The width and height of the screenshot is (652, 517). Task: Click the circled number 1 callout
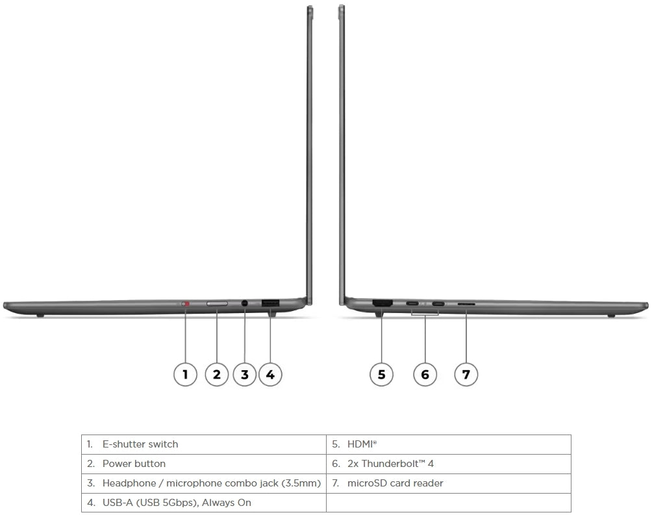point(186,373)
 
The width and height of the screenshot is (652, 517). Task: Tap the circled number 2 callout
point(217,373)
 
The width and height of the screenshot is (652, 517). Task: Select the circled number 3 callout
point(244,373)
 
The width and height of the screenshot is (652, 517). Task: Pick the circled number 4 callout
point(270,373)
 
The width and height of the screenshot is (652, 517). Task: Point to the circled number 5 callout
point(381,373)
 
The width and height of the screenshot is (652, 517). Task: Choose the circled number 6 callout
point(425,373)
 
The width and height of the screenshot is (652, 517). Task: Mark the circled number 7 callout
point(466,373)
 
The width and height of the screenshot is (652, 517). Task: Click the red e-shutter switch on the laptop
point(186,303)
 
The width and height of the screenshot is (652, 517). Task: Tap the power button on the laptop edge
point(217,303)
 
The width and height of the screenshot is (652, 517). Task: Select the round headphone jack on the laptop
point(245,303)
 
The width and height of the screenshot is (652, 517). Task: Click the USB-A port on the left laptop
point(270,303)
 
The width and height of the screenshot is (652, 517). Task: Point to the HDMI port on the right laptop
point(382,303)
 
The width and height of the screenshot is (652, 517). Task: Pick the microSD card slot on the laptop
point(466,303)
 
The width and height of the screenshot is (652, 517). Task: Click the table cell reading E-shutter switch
point(140,444)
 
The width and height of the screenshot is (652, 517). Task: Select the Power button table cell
point(134,464)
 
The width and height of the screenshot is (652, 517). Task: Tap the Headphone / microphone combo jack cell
point(211,483)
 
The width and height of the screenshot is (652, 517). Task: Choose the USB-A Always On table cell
point(176,503)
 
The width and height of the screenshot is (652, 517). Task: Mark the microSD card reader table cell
point(395,483)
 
